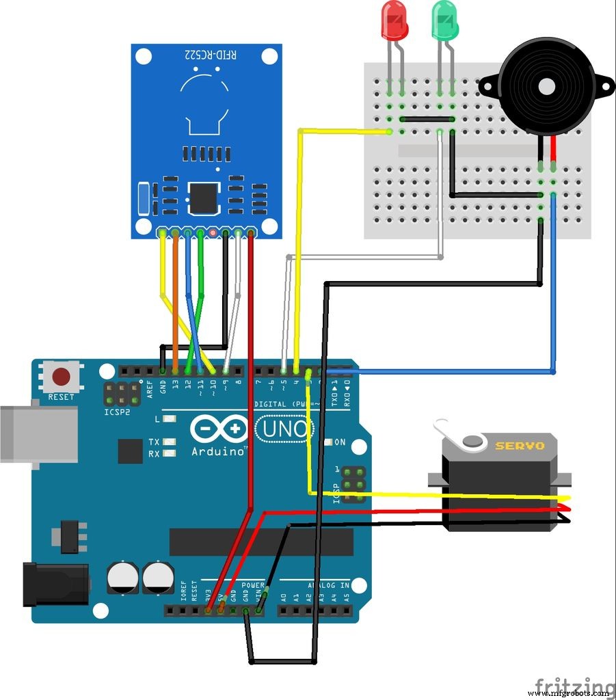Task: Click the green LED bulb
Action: click(444, 20)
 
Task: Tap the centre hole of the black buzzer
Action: click(547, 86)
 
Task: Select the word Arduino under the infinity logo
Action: click(219, 452)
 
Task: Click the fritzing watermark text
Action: click(574, 685)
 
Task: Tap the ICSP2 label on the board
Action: click(118, 413)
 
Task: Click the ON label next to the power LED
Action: click(340, 442)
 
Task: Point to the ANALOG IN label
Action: click(327, 585)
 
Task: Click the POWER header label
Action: click(253, 585)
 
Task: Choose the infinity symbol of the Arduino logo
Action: click(219, 429)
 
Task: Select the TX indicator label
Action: click(155, 442)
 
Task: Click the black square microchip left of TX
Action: click(131, 451)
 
